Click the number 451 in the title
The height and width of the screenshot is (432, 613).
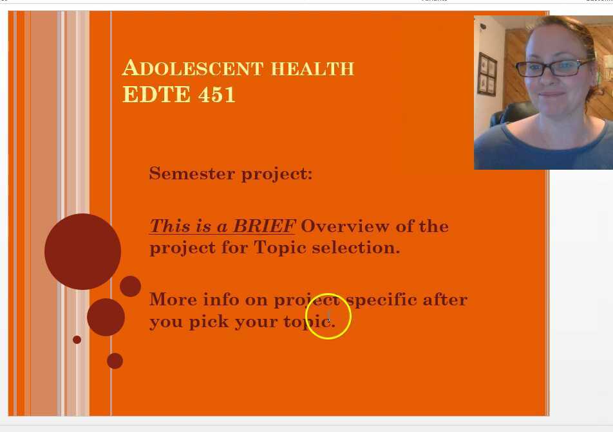[x=217, y=94]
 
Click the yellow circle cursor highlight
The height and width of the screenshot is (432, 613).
[x=328, y=316]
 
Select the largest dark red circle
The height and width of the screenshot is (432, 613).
[x=82, y=251]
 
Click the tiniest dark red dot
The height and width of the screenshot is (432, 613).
[x=77, y=339]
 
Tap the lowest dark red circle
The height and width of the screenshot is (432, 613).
[x=115, y=361]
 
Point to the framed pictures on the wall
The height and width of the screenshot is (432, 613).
[x=487, y=75]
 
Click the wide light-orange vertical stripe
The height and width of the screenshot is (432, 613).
[x=44, y=212]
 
